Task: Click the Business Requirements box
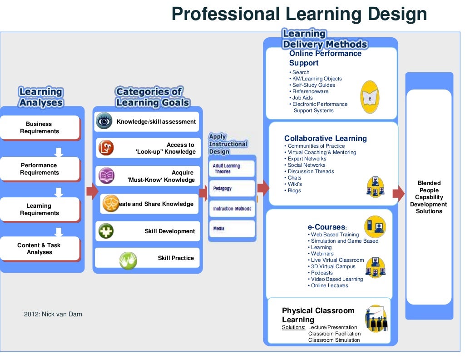(x=40, y=127)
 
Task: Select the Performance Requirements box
(x=40, y=169)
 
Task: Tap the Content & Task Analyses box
(x=40, y=249)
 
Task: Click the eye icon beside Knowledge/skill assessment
(x=104, y=121)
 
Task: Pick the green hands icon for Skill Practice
(x=128, y=260)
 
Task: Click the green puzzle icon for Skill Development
(x=106, y=231)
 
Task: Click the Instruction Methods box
(x=232, y=209)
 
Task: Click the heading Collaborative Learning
(x=325, y=138)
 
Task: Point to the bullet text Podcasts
(x=322, y=273)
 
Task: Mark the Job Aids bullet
(x=302, y=98)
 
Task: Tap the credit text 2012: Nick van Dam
(x=53, y=314)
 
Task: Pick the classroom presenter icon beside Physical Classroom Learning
(x=376, y=318)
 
